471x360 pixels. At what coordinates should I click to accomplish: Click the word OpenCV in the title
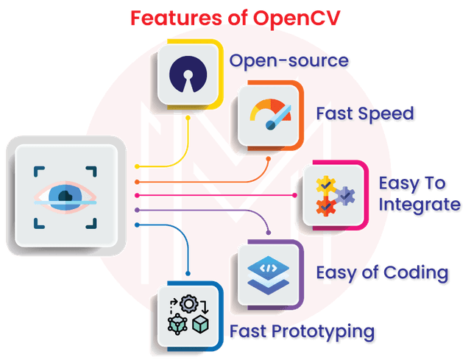tap(297, 18)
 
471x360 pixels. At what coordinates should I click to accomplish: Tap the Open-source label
tap(289, 61)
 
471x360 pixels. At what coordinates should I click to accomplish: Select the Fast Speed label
tap(365, 114)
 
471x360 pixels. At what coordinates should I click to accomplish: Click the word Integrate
tap(419, 205)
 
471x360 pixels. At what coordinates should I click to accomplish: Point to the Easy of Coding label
tap(382, 273)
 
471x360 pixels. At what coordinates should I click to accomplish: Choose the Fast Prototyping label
tap(302, 332)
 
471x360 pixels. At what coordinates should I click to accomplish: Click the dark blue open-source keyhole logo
tap(188, 74)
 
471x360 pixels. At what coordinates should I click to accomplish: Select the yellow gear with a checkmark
tap(326, 185)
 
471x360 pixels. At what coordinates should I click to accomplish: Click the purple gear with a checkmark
tap(345, 196)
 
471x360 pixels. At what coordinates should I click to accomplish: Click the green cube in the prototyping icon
tap(201, 325)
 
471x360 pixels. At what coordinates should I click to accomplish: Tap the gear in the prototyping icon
tap(188, 304)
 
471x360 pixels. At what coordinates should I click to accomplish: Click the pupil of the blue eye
tap(65, 196)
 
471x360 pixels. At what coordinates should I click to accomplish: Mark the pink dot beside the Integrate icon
tap(294, 195)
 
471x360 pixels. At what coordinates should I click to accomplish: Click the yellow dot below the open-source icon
tap(188, 118)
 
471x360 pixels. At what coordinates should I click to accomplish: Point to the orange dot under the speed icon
tap(269, 159)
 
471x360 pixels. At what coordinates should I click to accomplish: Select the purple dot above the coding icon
tap(269, 233)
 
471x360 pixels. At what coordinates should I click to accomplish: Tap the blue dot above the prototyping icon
tap(188, 273)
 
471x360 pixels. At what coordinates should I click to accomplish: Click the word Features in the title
tap(177, 18)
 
